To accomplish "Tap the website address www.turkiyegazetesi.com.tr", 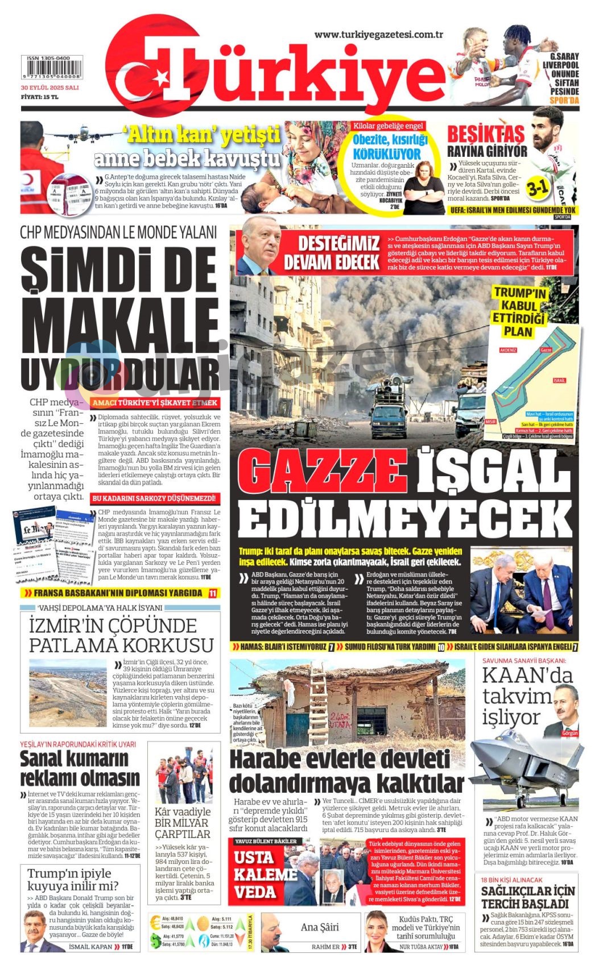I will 379,35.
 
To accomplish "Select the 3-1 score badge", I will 536,187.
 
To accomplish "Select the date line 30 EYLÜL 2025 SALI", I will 49,88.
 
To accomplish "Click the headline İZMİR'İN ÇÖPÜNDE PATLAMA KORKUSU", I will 121,635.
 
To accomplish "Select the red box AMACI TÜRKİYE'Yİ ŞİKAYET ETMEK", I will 155,403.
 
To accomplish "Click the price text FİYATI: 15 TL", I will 40,97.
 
